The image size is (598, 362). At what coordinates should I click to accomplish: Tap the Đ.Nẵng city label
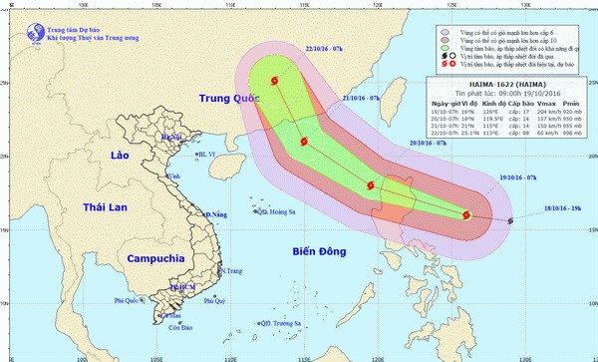[216, 214]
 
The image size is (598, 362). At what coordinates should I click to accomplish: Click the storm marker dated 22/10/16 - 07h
[273, 83]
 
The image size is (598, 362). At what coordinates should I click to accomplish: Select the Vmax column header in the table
[538, 104]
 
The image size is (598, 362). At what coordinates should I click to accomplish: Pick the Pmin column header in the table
[571, 104]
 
